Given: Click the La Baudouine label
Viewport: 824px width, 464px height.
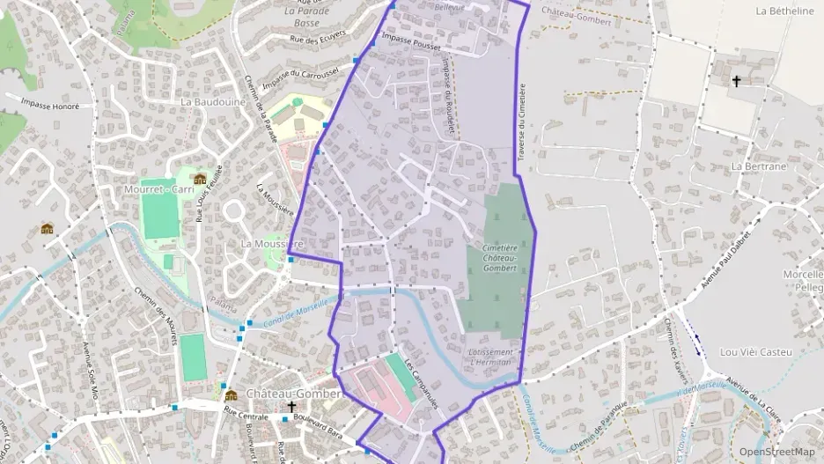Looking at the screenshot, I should coord(212,101).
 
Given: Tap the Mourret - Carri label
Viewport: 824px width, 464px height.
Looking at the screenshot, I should coord(158,188).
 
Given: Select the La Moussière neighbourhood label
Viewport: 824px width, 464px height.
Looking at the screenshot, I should coord(272,243).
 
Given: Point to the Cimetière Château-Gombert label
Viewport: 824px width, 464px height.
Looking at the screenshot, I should coord(500,256).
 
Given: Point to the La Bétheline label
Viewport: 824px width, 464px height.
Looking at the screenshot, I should coord(784,11).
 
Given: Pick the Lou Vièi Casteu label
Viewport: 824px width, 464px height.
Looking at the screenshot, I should coord(756,351).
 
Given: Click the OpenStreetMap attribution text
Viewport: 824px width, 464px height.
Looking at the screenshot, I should coord(777,452).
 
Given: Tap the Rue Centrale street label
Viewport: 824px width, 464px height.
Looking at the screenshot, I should coord(246,415).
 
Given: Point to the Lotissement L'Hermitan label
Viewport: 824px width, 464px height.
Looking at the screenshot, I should coord(491,357).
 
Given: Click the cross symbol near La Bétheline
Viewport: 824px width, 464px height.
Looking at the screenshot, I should coord(736,81).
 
